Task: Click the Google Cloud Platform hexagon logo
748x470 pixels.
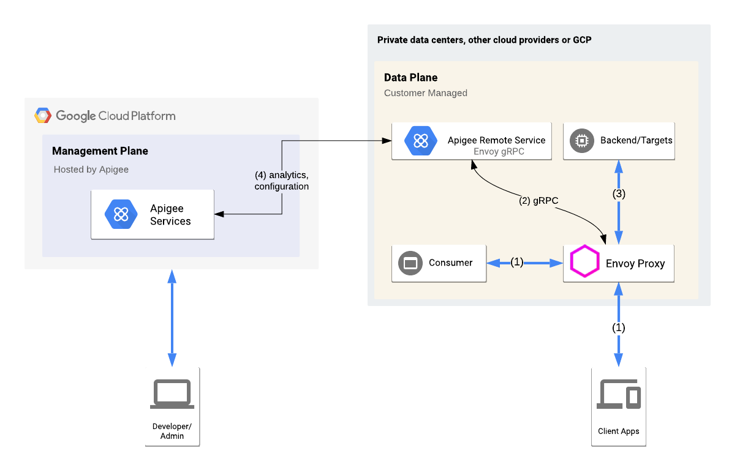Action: tap(42, 116)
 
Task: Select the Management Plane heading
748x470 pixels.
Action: tap(100, 151)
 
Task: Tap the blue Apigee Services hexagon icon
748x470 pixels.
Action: tap(121, 214)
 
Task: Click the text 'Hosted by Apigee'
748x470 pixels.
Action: tap(91, 170)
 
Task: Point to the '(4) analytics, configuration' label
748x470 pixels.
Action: tap(281, 181)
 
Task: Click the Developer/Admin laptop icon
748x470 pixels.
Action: tap(172, 394)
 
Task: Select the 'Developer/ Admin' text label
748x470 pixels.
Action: tap(172, 431)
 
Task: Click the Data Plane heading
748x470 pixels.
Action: tap(410, 78)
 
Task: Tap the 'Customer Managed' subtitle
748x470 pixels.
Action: tap(425, 93)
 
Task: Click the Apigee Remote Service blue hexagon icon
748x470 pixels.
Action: tap(420, 141)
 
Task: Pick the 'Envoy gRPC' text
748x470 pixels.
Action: tap(499, 151)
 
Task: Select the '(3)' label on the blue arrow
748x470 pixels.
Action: tap(619, 194)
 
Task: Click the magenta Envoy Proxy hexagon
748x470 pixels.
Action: tap(584, 263)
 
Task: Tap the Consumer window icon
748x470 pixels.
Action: tap(410, 263)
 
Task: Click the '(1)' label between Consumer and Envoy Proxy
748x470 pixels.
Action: tap(517, 262)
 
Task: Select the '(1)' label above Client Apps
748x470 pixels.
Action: tap(619, 327)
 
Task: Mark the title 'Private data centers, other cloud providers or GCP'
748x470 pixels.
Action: tap(484, 40)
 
